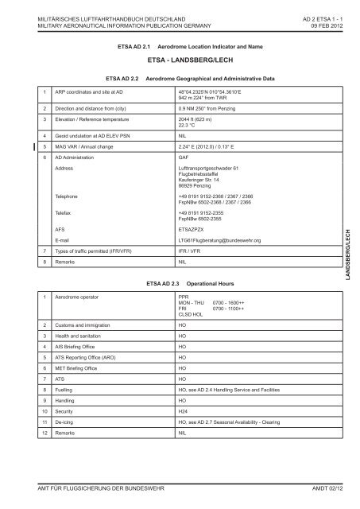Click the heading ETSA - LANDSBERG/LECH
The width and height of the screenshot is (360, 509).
point(180,60)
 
